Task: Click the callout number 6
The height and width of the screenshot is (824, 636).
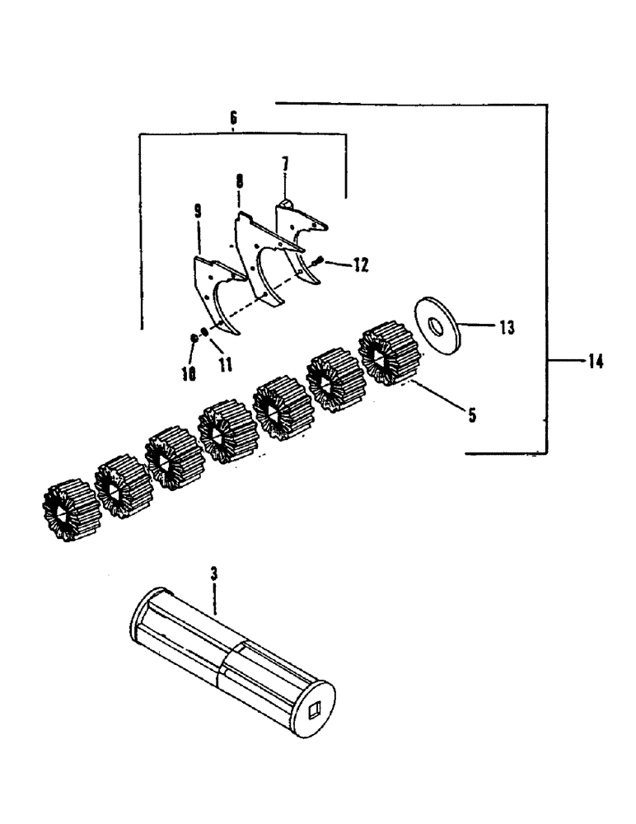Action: click(233, 119)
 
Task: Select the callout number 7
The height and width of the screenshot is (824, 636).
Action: click(285, 164)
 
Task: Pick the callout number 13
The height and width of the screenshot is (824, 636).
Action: click(505, 328)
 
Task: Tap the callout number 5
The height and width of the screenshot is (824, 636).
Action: click(472, 415)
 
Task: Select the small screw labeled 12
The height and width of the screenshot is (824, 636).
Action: click(319, 260)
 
